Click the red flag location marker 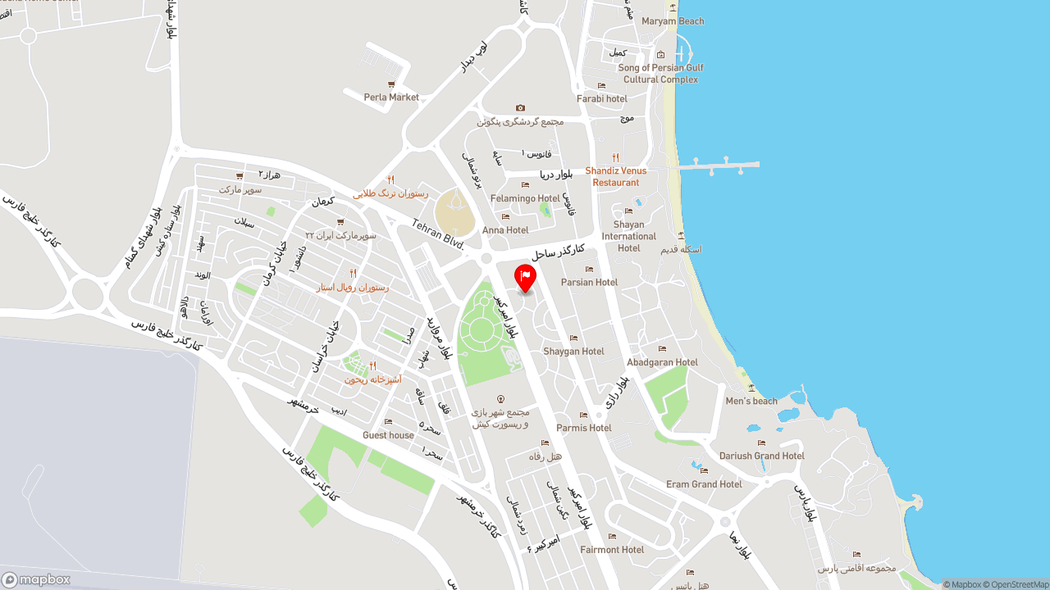(525, 277)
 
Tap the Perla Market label (391, 97)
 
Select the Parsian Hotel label (589, 282)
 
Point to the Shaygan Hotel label (573, 351)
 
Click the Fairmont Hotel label (612, 549)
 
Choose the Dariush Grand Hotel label (761, 456)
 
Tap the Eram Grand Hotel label (704, 483)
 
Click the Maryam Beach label (673, 21)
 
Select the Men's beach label (751, 401)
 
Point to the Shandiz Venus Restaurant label (615, 176)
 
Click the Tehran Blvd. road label (438, 234)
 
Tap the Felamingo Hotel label (525, 198)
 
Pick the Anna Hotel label (505, 230)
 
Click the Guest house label (388, 435)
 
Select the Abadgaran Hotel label (662, 362)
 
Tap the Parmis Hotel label (584, 428)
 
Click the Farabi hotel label (602, 98)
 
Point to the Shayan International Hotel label (629, 236)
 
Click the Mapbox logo (36, 579)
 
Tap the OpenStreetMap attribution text (1017, 584)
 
